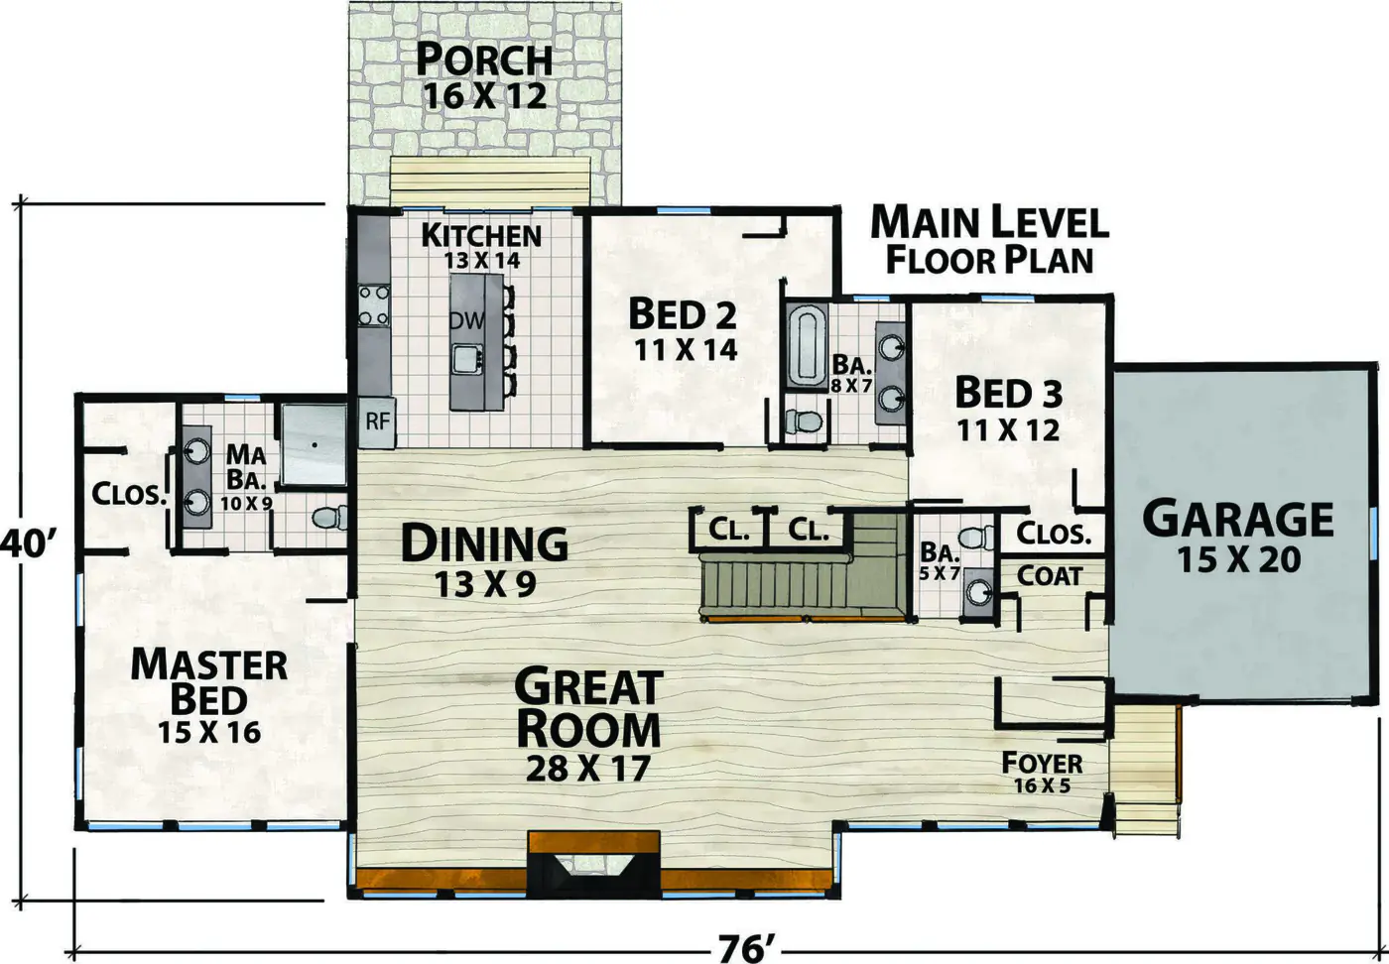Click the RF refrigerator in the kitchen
[376, 422]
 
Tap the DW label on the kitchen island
[466, 320]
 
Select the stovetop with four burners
[375, 305]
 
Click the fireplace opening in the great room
[593, 864]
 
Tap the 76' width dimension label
[746, 948]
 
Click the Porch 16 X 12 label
[484, 77]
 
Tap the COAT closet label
[1050, 576]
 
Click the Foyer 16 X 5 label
[1042, 772]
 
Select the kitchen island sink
[465, 359]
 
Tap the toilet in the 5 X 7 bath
[976, 537]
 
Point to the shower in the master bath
[314, 444]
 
